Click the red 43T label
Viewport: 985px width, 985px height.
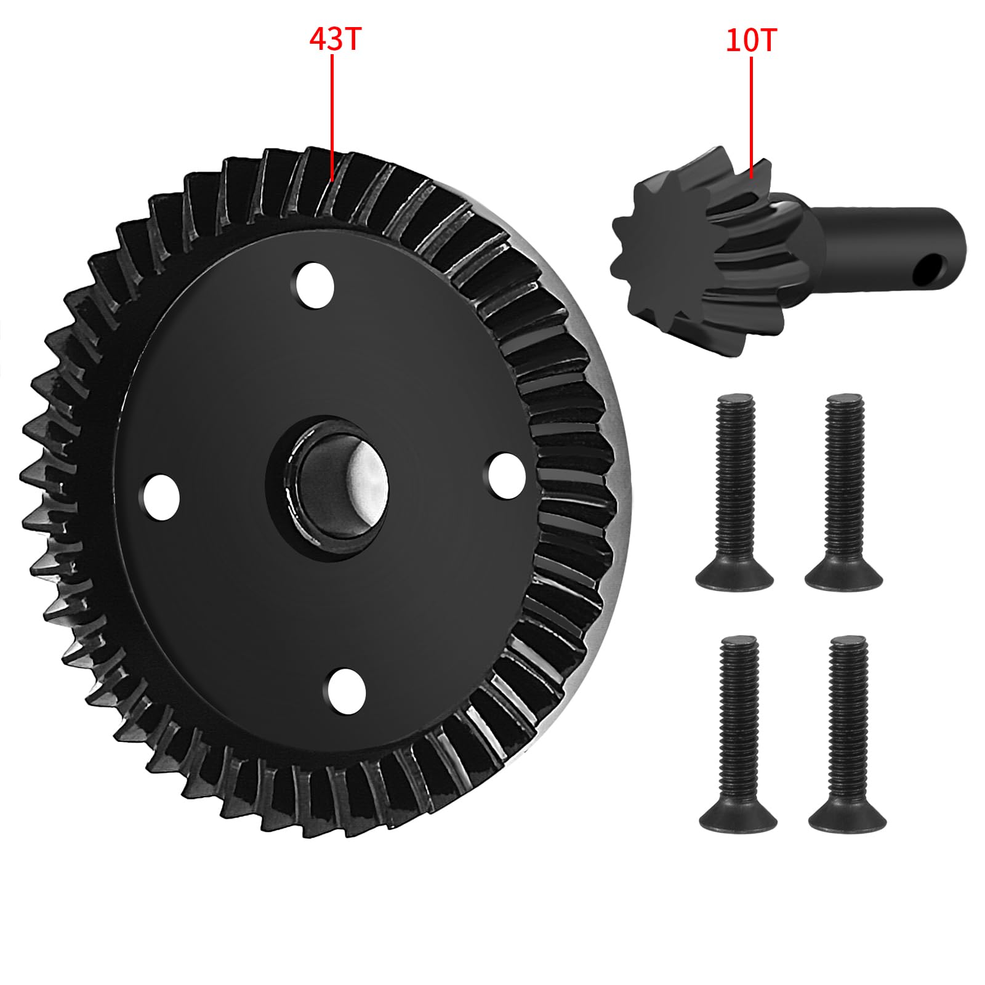pyautogui.click(x=334, y=40)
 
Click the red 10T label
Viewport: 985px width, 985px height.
pyautogui.click(x=751, y=41)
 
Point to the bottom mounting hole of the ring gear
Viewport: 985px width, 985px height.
pyautogui.click(x=347, y=690)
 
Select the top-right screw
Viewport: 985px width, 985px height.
pyautogui.click(x=845, y=492)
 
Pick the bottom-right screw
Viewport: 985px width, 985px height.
pyautogui.click(x=848, y=733)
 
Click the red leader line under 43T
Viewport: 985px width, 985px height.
pyautogui.click(x=332, y=117)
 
